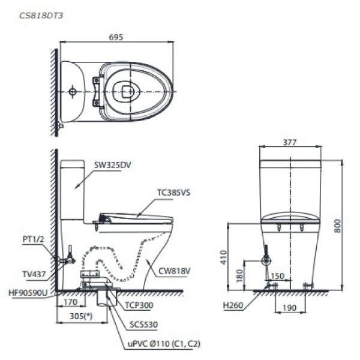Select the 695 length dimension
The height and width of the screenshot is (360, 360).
[116, 37]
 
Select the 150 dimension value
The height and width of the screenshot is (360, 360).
[277, 277]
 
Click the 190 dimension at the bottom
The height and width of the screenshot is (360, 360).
[288, 307]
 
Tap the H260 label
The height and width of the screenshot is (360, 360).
[233, 305]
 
